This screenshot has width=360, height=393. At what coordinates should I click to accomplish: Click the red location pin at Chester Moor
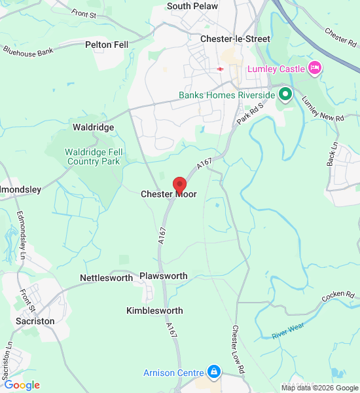(x=179, y=185)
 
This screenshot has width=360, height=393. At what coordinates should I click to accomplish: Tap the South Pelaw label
(x=192, y=6)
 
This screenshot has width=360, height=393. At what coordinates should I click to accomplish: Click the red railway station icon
(x=221, y=69)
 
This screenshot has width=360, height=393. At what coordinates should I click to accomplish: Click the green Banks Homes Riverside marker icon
(x=285, y=95)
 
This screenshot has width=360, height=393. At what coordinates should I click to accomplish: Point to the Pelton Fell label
(x=107, y=45)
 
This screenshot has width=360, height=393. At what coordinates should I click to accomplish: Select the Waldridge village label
(x=93, y=127)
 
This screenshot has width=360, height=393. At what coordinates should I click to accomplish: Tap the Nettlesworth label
(x=106, y=278)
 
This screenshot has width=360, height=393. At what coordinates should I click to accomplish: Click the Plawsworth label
(x=164, y=276)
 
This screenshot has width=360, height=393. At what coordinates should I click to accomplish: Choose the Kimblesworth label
(x=154, y=310)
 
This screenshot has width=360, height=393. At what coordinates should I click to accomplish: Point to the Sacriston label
(x=35, y=322)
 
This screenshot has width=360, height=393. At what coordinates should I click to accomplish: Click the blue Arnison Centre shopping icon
(x=213, y=373)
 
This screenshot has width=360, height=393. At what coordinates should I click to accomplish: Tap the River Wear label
(x=289, y=330)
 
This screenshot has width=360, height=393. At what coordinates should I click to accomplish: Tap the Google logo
(x=22, y=385)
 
